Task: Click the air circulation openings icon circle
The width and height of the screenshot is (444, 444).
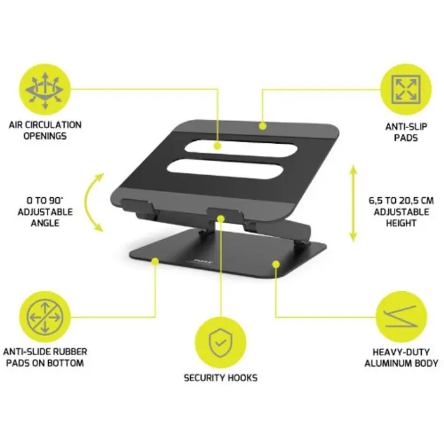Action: pos(45,89)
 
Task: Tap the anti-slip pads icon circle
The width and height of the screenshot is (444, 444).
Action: pos(406,89)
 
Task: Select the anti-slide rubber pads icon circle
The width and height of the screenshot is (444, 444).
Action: pos(45,317)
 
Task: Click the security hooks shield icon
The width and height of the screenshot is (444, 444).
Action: pos(221,343)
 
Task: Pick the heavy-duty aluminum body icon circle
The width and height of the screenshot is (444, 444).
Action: pos(402,317)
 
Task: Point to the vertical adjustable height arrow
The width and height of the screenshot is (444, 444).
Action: pos(353,204)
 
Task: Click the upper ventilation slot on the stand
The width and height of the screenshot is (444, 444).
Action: pos(240,148)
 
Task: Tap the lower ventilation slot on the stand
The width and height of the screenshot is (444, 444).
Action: pos(225,169)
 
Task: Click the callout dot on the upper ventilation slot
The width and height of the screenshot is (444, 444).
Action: pos(217,146)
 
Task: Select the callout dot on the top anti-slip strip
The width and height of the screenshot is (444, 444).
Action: pos(263,126)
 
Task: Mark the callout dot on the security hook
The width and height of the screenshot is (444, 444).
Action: pos(221,219)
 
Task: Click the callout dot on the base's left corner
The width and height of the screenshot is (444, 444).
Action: pos(155,261)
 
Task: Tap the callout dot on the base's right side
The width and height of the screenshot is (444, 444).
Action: pos(276,264)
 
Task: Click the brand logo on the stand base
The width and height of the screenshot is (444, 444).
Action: pos(203,261)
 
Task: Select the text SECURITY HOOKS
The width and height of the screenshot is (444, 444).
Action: pos(221,378)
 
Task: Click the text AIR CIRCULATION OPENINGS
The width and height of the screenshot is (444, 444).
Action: pos(45,130)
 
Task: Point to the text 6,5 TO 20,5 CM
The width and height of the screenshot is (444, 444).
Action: pos(402,201)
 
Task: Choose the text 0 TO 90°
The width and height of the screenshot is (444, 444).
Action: pos(45,200)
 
